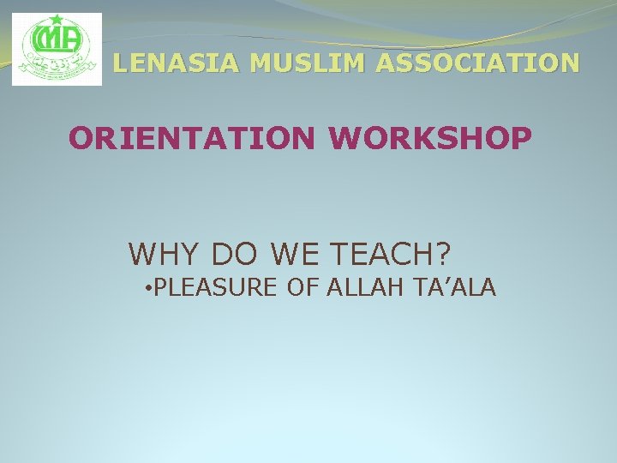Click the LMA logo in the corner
tap(57, 49)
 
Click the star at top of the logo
tap(56, 19)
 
